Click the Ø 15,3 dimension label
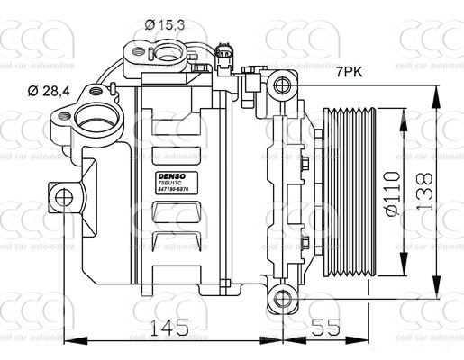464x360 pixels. (x=165, y=25)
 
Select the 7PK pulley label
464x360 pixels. (x=350, y=71)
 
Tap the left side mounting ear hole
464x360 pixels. (x=62, y=196)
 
